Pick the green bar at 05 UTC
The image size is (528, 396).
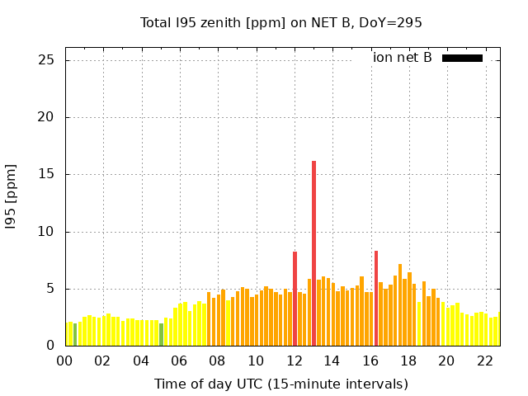click(161, 335)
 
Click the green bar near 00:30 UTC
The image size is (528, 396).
click(75, 335)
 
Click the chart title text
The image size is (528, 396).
click(280, 23)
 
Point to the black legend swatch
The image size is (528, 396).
click(462, 58)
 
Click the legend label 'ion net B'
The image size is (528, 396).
click(403, 58)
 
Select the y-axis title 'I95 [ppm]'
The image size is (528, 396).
click(12, 196)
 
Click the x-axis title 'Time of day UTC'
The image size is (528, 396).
click(280, 384)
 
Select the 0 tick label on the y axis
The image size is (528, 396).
click(50, 346)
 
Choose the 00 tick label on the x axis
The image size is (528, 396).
click(64, 361)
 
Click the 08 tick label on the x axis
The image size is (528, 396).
click(218, 361)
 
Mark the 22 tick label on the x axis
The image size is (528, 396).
click(485, 361)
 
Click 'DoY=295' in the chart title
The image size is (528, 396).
click(391, 23)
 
